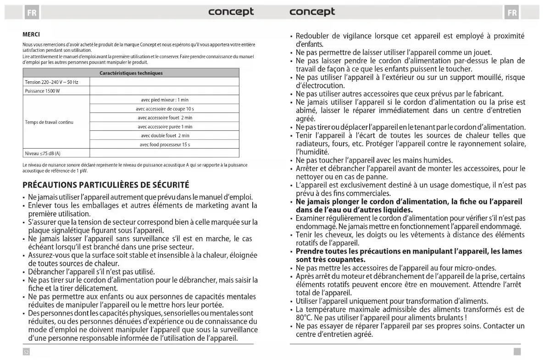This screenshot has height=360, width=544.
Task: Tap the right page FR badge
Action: tap(511, 12)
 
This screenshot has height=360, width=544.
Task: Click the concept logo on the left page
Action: tap(231, 11)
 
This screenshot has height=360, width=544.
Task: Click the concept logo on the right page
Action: tap(312, 11)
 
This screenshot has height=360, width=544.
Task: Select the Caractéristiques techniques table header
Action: tap(131, 73)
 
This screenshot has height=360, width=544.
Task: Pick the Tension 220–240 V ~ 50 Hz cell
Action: tap(51, 82)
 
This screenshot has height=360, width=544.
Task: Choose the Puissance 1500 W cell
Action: tap(42, 91)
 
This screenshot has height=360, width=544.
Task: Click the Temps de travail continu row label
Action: tap(49, 122)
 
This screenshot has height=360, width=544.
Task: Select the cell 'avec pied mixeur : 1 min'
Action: tap(165, 100)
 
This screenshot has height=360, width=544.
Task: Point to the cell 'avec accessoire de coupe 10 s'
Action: tap(165, 109)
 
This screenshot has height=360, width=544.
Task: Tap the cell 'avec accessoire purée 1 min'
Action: tap(165, 127)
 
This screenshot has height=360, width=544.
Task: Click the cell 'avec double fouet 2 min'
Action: tap(165, 135)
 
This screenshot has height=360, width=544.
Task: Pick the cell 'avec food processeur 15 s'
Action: tap(165, 144)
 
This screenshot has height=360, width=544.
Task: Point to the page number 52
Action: tap(26, 352)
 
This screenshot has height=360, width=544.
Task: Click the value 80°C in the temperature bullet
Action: tap(305, 317)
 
